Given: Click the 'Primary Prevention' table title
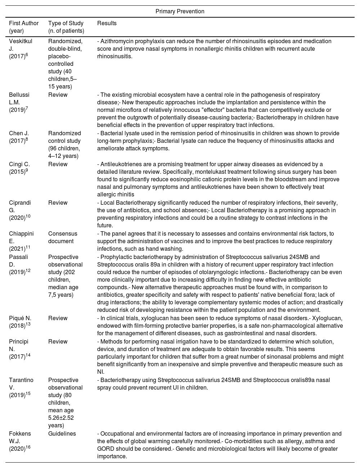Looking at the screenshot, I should (180, 12).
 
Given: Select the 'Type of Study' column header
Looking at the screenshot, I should (66, 23).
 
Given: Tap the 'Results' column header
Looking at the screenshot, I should (107, 23).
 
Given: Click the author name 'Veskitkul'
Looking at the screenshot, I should (21, 41).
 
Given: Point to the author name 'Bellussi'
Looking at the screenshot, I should (19, 95).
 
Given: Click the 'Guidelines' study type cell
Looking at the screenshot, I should (62, 434).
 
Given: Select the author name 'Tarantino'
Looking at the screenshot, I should (21, 380).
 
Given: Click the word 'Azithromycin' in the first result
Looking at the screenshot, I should (116, 41).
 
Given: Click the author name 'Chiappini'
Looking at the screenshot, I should (21, 234).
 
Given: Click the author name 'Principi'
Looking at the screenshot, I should (19, 342).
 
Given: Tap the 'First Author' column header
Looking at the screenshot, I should (24, 23).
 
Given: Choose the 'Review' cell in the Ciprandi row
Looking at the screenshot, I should (58, 203).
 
